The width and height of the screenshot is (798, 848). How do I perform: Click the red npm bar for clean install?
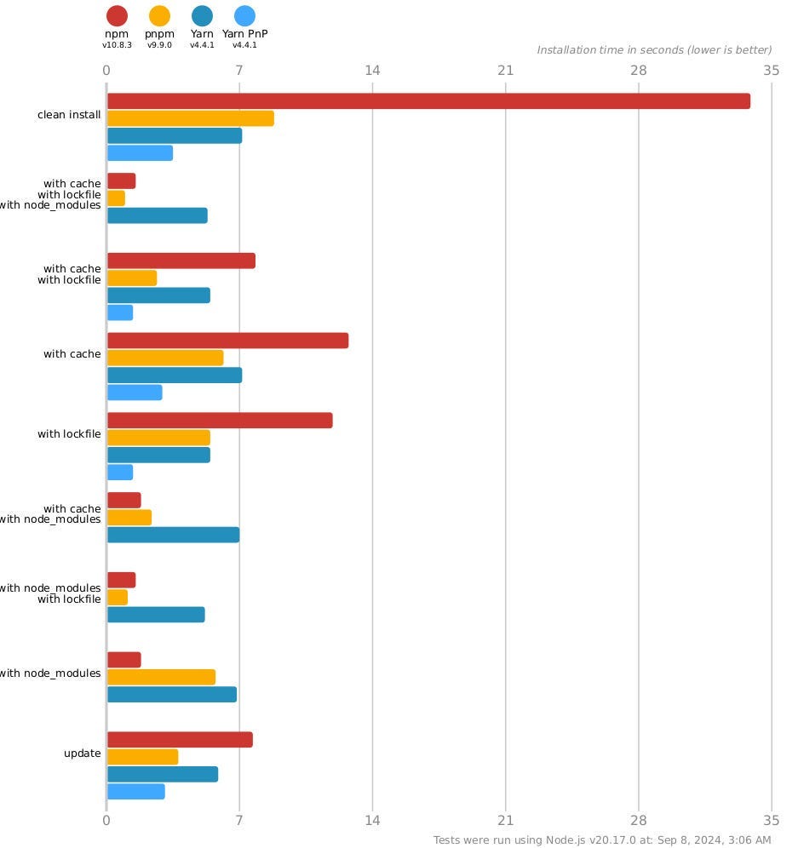[428, 101]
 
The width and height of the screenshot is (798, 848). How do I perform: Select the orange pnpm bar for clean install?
[190, 118]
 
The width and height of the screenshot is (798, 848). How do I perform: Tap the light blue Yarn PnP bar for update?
[135, 792]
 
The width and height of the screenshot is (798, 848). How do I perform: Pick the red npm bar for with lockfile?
[220, 421]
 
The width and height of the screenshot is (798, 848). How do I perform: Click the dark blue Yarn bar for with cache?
[175, 375]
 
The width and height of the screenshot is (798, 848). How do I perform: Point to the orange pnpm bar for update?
[142, 757]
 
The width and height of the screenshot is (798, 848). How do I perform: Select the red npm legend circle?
[117, 15]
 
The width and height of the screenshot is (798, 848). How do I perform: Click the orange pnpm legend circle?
[159, 15]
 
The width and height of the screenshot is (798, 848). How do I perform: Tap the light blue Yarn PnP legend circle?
[244, 15]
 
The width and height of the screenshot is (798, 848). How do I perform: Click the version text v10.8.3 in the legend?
[117, 45]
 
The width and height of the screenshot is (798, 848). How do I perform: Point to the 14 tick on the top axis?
[372, 70]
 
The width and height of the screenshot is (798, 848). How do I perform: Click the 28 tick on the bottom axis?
[639, 821]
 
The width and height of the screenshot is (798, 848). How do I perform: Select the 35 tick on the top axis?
[772, 70]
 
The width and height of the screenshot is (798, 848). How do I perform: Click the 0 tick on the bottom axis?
[106, 821]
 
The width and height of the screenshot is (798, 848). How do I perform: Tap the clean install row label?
[69, 115]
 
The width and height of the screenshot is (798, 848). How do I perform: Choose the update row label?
[83, 753]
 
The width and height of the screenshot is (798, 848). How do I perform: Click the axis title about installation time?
[654, 50]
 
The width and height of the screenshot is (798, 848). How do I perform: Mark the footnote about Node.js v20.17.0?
[602, 840]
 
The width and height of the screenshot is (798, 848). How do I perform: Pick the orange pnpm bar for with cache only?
[165, 358]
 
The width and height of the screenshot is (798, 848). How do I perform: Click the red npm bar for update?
[180, 740]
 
